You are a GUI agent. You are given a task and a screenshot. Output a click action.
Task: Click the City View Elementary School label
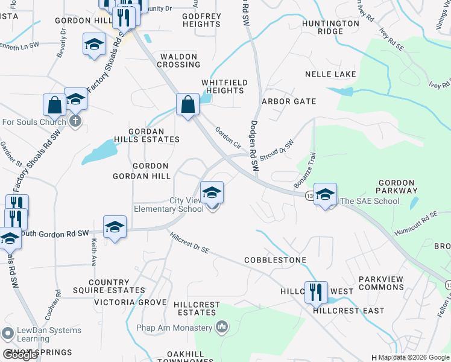(x=168, y=205)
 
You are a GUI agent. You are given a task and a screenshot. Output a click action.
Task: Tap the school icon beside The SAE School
(x=325, y=194)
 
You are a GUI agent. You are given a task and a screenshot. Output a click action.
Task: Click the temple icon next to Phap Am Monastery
(x=221, y=328)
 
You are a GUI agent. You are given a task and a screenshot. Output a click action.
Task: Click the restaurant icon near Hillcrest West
(x=316, y=293)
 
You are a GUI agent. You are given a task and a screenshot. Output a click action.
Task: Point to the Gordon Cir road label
(x=228, y=136)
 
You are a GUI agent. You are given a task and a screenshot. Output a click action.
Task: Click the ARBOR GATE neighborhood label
(x=288, y=101)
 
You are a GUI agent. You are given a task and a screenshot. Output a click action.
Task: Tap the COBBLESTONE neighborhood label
(x=275, y=260)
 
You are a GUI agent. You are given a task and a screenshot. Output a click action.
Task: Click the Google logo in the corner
(x=20, y=355)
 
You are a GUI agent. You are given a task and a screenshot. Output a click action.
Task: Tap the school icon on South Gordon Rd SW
(x=115, y=227)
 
